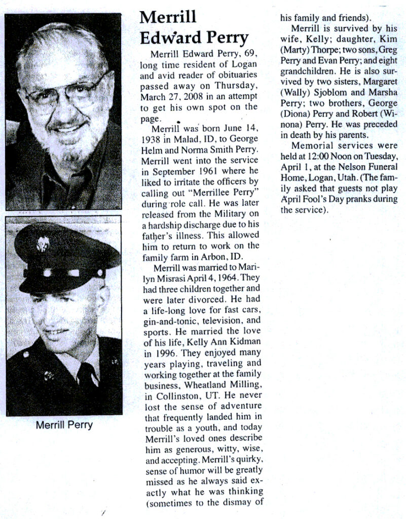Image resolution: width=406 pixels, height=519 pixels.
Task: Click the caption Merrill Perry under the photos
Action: click(x=64, y=424)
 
